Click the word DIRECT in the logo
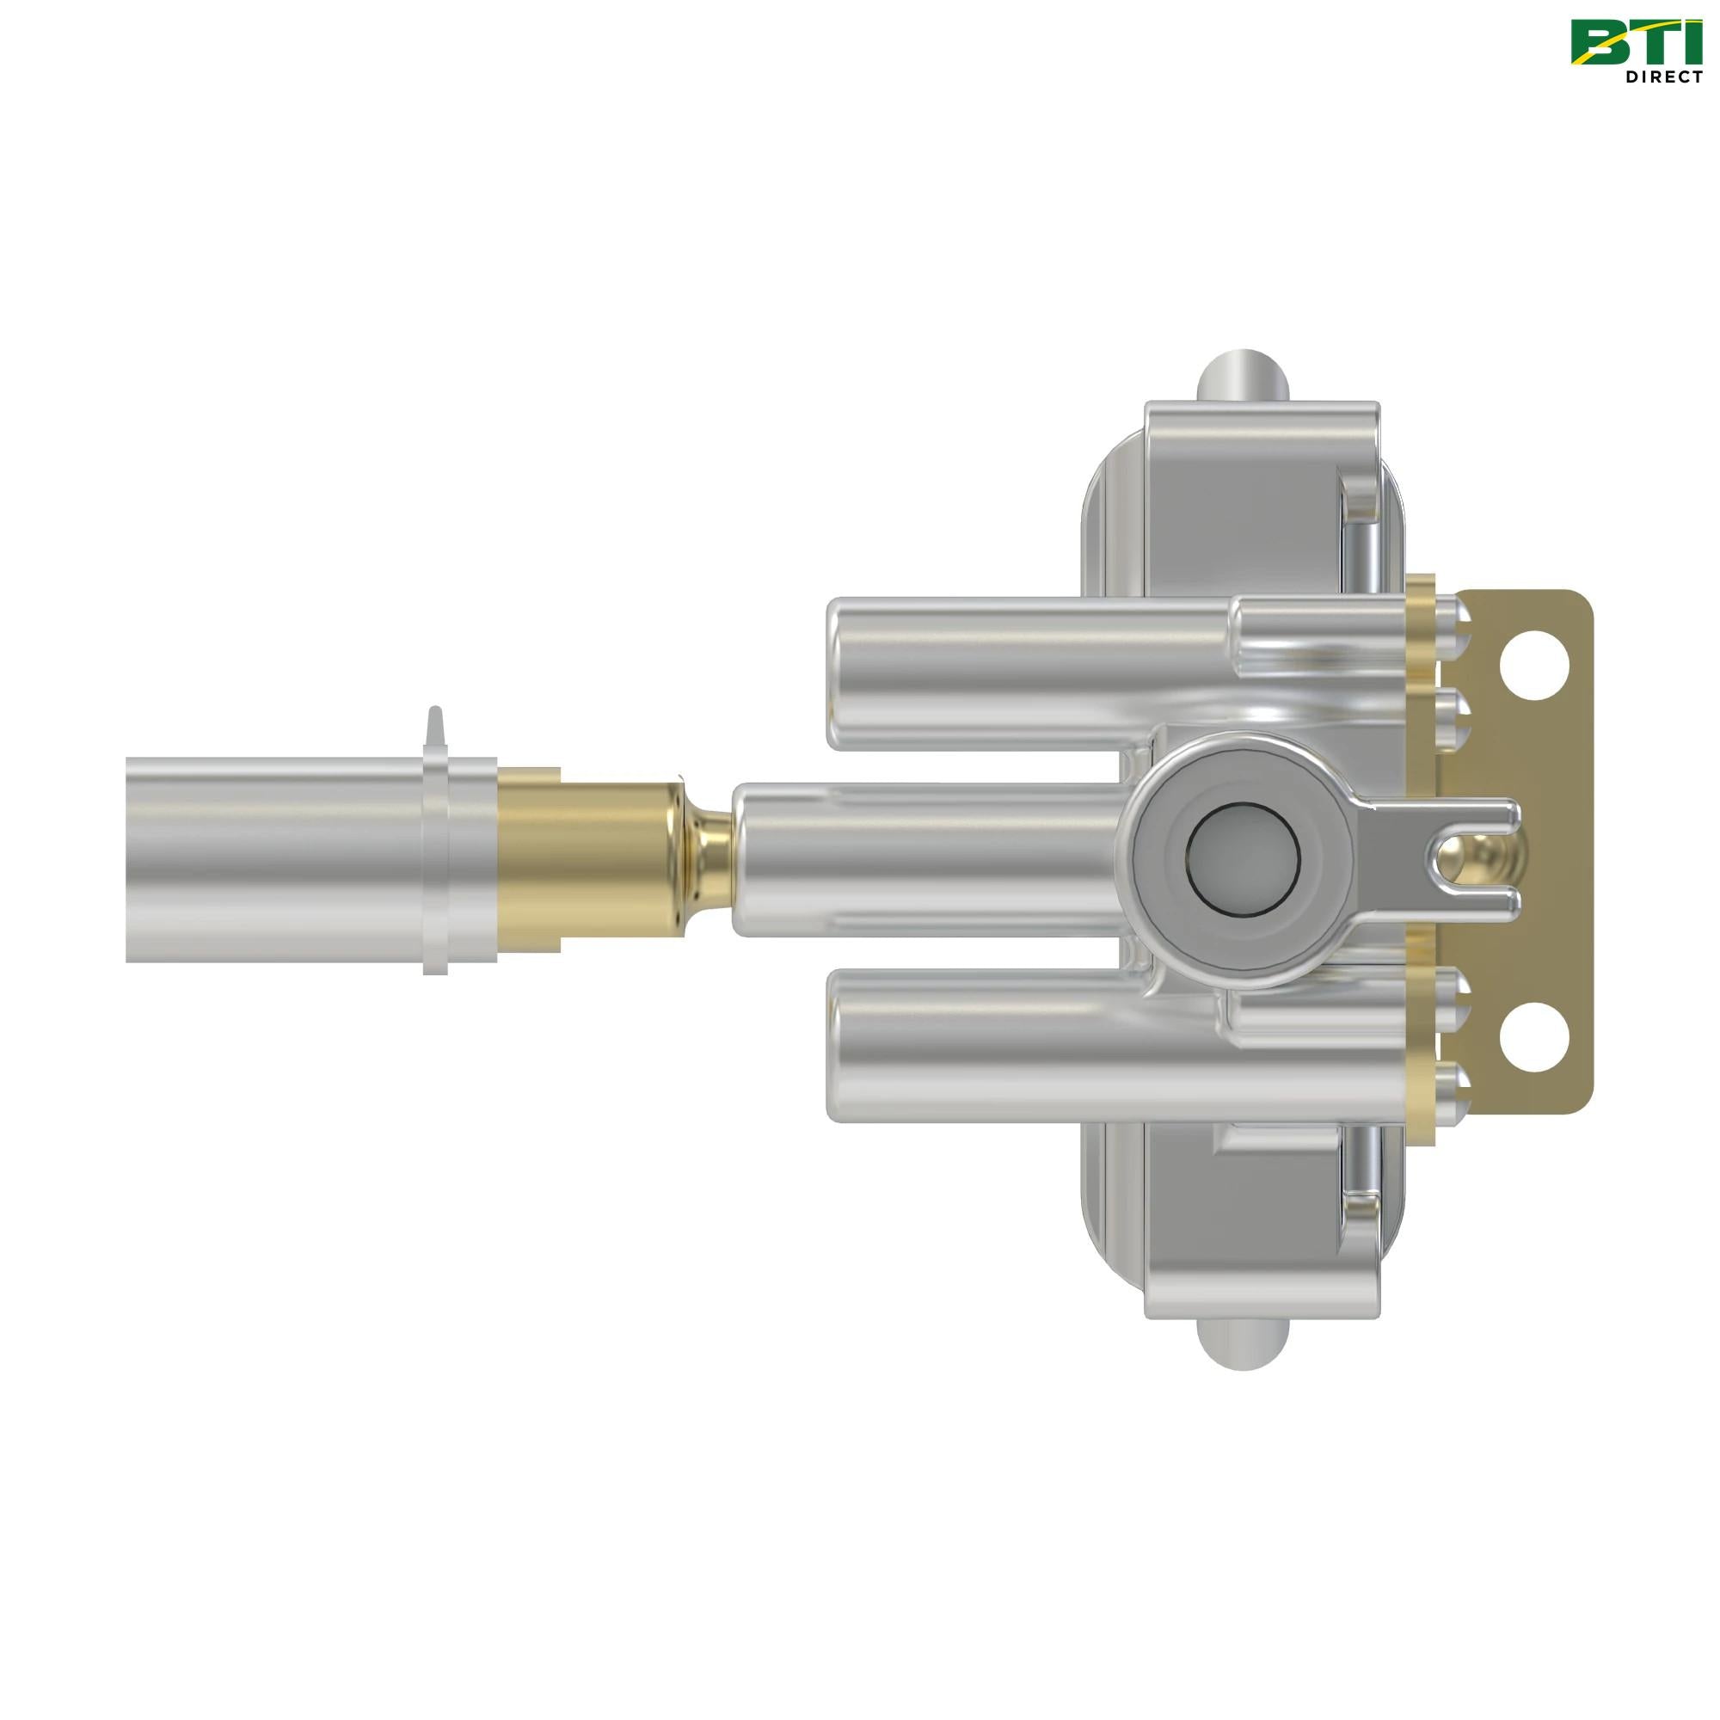coord(1662,77)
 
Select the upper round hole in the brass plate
coord(1533,663)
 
